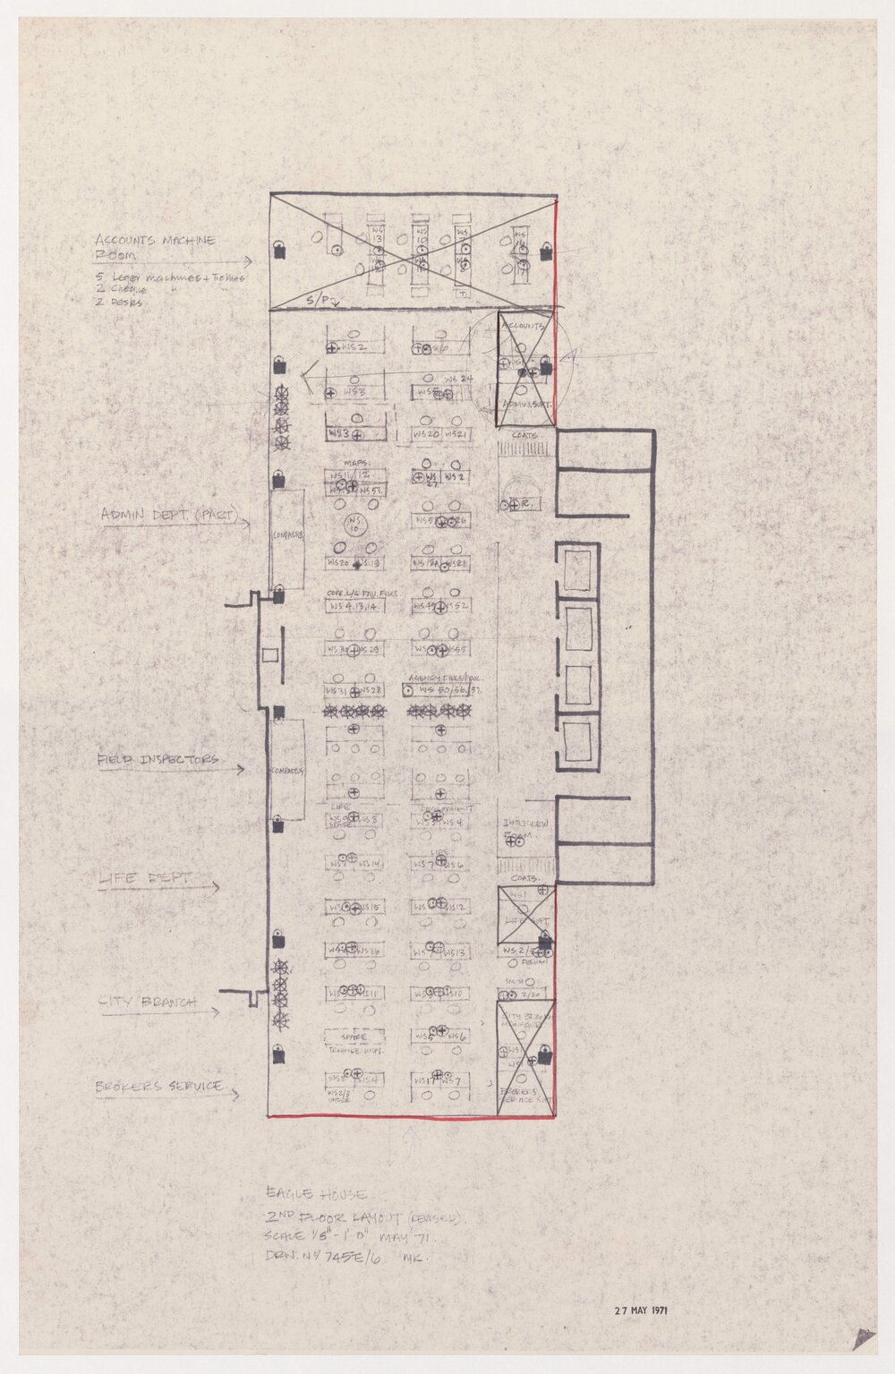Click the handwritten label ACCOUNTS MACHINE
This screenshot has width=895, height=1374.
(156, 241)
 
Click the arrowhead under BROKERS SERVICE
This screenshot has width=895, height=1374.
(235, 1095)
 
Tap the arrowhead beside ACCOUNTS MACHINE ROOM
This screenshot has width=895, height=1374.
(250, 262)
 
